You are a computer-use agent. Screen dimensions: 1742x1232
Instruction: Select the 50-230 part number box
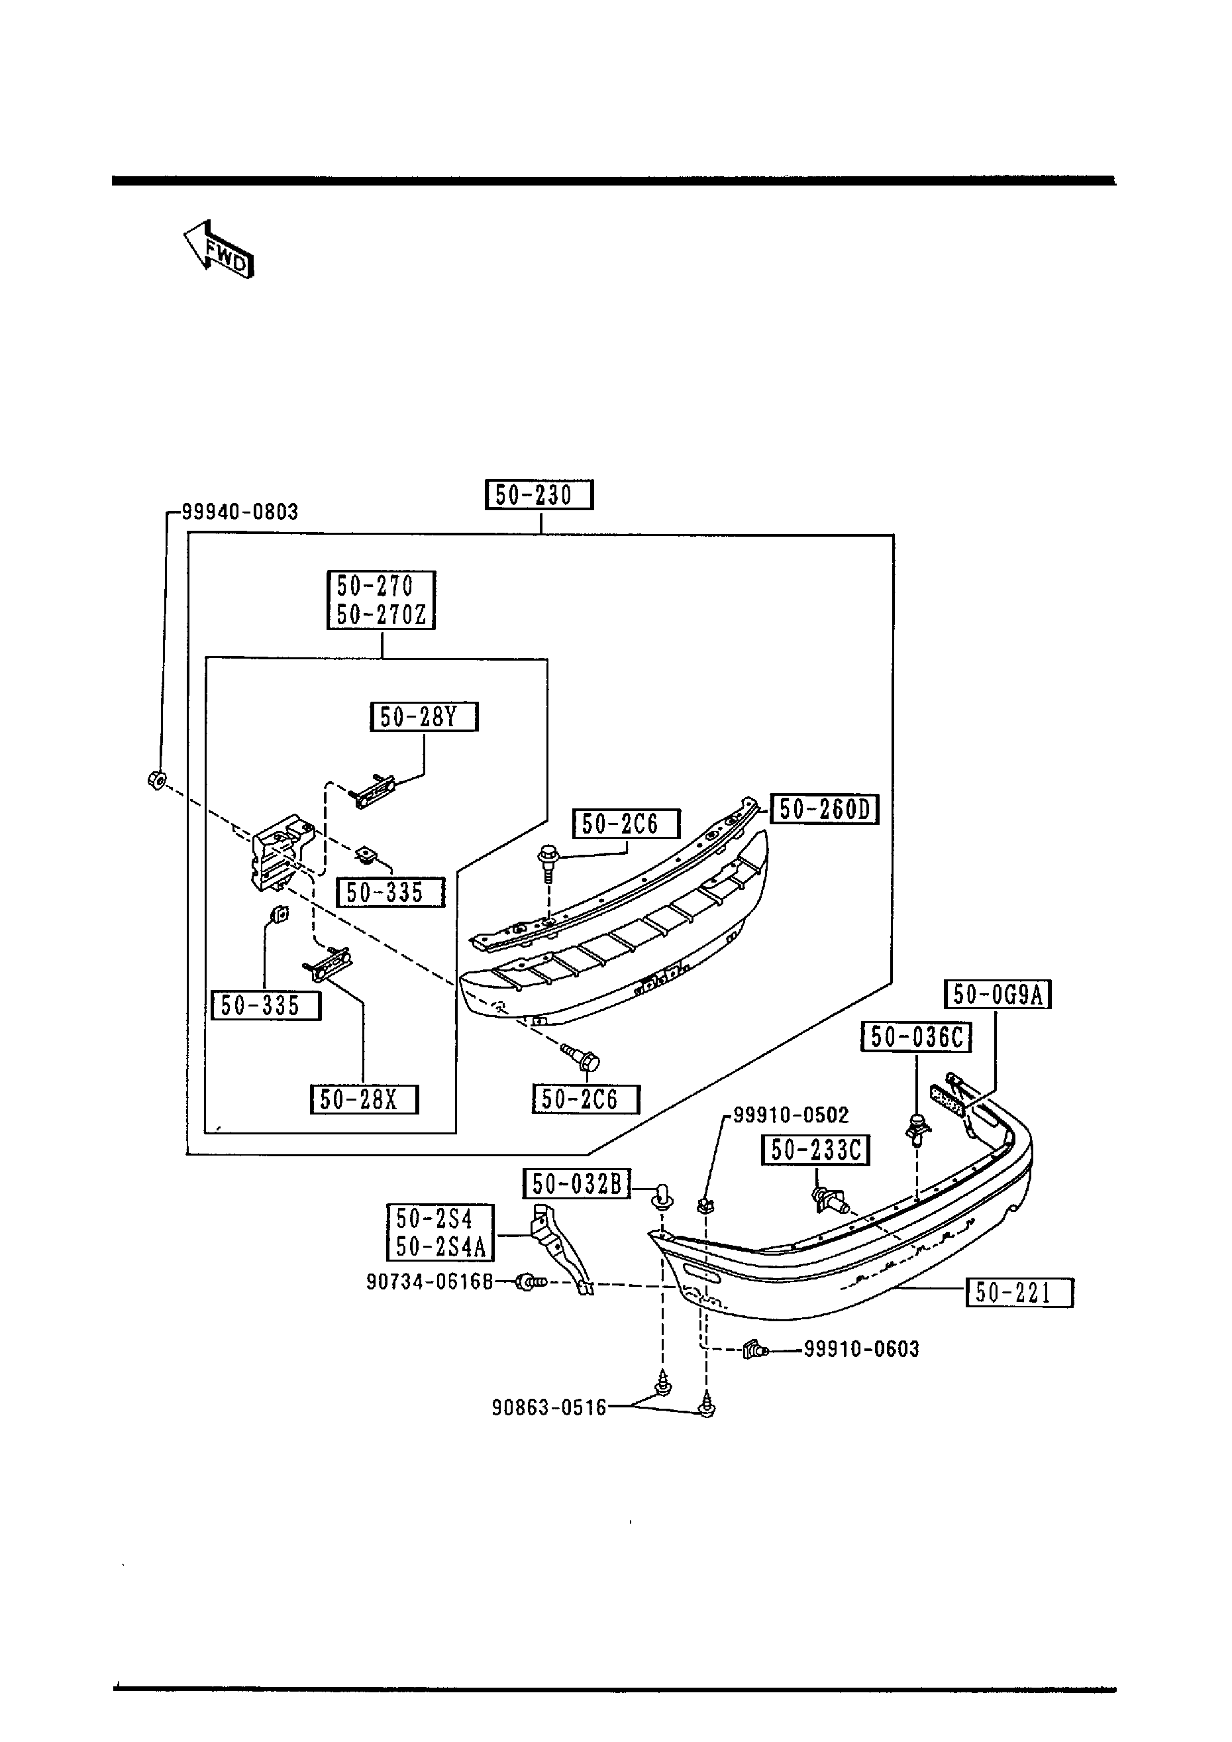(x=539, y=496)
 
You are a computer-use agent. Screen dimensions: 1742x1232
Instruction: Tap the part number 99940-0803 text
(x=240, y=512)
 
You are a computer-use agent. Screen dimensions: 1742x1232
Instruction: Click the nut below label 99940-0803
(x=157, y=779)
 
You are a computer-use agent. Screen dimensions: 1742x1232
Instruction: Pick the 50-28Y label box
(x=424, y=717)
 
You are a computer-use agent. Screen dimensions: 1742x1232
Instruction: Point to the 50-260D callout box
(x=824, y=810)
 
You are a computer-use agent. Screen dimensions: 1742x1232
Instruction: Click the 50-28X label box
(x=364, y=1099)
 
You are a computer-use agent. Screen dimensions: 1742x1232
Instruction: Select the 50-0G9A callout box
(x=998, y=995)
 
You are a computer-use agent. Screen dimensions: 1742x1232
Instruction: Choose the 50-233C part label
(x=815, y=1150)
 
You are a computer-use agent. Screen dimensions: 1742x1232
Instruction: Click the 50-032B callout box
(x=576, y=1183)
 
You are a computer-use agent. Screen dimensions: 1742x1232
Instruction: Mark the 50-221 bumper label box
(x=1019, y=1293)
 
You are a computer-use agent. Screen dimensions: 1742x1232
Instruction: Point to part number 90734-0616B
(x=429, y=1281)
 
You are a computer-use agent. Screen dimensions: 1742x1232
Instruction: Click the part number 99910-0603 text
(x=861, y=1350)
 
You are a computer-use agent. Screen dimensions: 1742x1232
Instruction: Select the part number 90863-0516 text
(x=549, y=1408)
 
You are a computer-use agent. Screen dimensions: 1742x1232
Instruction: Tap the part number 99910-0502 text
(x=790, y=1115)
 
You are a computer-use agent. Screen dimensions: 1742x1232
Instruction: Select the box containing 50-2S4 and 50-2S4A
(x=440, y=1233)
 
